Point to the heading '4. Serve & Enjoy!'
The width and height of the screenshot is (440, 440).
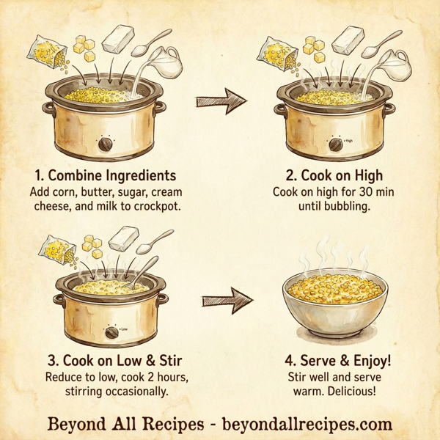tap(334, 361)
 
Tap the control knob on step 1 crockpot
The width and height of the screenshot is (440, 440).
tap(107, 144)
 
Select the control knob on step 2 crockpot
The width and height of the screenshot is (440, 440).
tap(334, 144)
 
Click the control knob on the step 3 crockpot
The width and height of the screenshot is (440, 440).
tap(111, 331)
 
